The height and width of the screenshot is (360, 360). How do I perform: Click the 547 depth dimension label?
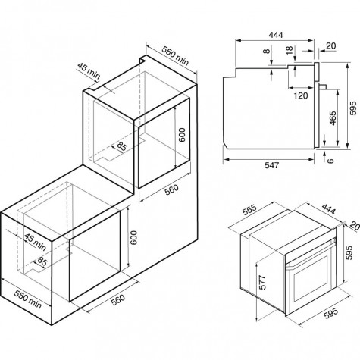coord(271,165)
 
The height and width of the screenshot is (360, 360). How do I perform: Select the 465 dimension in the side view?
coord(333,118)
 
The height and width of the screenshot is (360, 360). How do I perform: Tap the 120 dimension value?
coord(301,95)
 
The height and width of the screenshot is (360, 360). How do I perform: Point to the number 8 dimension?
coord(266,52)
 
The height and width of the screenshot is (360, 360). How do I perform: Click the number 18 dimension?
coord(290,50)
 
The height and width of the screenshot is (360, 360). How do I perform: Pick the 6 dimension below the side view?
coord(330,161)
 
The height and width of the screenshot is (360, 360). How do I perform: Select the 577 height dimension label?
coord(263,283)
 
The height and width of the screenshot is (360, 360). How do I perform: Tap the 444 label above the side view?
coord(276,35)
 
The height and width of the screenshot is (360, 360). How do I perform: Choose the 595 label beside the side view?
coord(353,108)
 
